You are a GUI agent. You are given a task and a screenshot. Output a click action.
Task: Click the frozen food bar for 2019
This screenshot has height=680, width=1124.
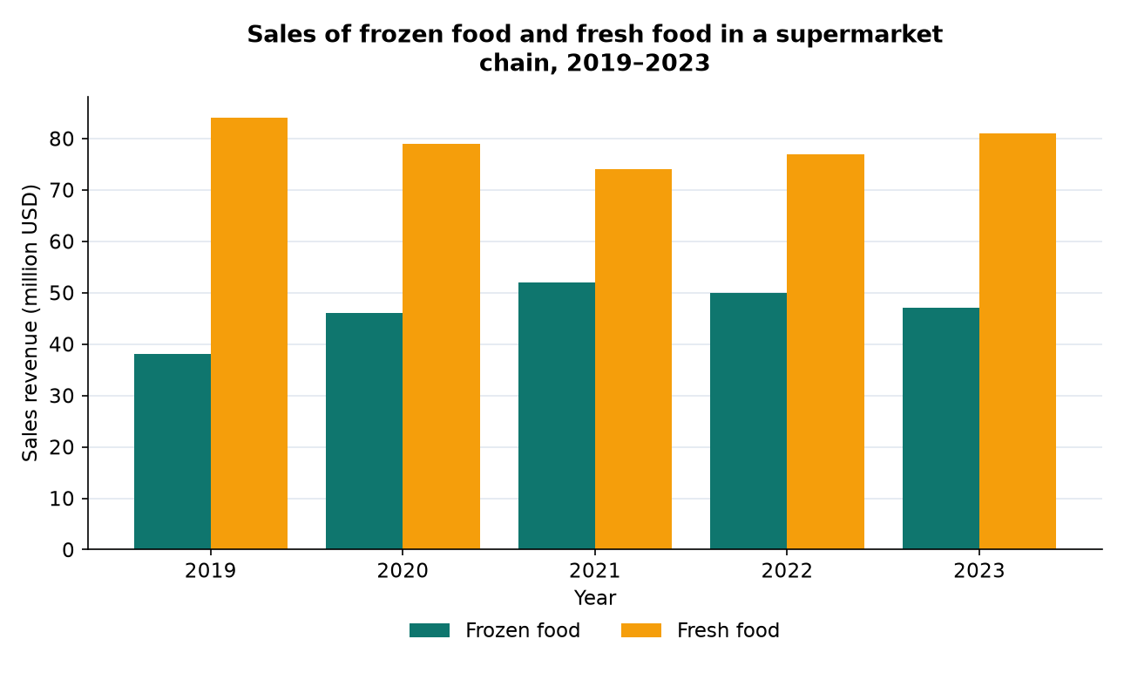173,452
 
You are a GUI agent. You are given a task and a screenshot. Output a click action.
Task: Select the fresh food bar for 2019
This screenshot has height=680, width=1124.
249,334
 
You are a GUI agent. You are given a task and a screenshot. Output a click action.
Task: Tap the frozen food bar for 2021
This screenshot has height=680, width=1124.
557,416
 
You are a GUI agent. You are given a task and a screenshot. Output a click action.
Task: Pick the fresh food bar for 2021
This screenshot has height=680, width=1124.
633,359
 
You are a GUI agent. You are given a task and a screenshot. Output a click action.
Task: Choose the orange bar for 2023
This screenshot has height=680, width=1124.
1018,341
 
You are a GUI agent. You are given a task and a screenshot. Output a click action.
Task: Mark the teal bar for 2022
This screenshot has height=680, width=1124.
748,421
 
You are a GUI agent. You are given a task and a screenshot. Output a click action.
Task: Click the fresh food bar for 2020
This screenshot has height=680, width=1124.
441,346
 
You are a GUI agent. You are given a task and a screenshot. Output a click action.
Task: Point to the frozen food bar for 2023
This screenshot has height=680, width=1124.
941,428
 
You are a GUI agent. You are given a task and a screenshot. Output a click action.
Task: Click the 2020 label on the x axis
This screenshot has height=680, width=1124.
403,571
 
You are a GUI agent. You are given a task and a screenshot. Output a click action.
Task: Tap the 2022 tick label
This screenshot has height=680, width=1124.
787,571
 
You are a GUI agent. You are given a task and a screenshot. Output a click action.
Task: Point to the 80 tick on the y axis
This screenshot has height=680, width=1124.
62,139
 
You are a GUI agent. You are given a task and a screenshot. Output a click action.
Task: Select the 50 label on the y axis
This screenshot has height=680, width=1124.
62,293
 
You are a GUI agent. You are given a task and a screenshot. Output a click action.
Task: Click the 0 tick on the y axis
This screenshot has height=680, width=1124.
68,550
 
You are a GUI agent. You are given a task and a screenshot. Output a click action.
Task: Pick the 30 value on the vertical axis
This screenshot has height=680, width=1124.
62,397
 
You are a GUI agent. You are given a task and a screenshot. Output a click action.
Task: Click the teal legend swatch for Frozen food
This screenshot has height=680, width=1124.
430,630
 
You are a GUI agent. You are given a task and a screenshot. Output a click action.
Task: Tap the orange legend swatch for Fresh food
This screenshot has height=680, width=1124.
641,630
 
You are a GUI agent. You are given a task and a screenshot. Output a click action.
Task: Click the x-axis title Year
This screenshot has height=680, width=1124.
595,598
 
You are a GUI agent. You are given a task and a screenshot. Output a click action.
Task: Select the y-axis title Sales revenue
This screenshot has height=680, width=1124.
30,323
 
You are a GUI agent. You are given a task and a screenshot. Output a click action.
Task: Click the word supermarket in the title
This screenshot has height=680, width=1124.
859,35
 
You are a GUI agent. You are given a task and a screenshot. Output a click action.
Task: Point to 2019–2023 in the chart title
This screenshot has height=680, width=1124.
638,64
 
